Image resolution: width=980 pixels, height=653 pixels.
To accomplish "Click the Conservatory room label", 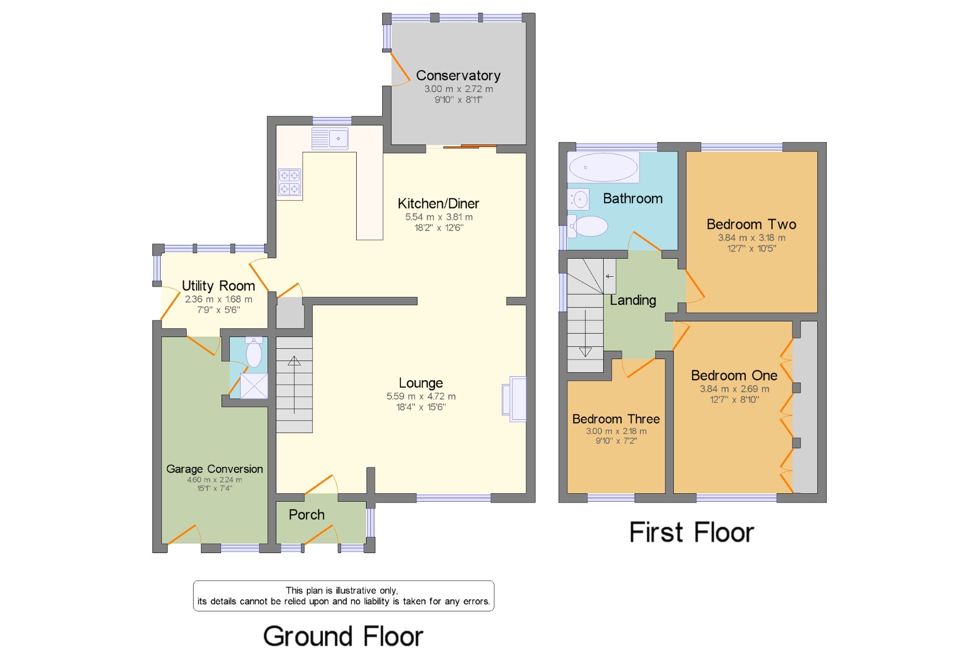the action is coord(458,75).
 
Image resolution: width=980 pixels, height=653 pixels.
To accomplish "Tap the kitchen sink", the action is coord(330,139).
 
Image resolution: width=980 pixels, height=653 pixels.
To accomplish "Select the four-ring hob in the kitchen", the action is coord(289,182).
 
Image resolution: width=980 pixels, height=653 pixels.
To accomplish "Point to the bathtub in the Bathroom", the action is coord(603,167).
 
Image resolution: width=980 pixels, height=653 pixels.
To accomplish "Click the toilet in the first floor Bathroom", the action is coord(588,226).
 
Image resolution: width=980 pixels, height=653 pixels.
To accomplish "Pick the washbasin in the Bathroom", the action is coord(579,199).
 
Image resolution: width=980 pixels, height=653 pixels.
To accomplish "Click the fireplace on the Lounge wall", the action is coord(514,399).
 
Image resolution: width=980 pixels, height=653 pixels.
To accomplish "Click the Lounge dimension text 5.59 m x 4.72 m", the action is coord(421,396).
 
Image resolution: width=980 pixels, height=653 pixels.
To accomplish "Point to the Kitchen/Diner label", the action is coord(438,203).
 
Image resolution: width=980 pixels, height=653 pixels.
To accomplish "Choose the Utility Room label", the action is coord(219,286).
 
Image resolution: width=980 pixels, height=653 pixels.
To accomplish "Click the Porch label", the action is coord(307,515).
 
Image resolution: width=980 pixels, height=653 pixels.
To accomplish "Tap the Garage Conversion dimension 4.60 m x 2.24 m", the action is coord(215,480).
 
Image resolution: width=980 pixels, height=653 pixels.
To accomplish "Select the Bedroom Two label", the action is coord(751,224).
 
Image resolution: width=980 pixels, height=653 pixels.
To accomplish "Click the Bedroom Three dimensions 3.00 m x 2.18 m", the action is coord(616,432).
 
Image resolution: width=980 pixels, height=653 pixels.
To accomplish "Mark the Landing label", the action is coord(633,300).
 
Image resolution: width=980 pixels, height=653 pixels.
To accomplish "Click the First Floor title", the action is coord(691,532).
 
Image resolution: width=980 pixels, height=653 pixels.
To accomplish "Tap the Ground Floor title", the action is coord(343,636).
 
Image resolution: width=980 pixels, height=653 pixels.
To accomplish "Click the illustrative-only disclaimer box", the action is coord(343,596).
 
